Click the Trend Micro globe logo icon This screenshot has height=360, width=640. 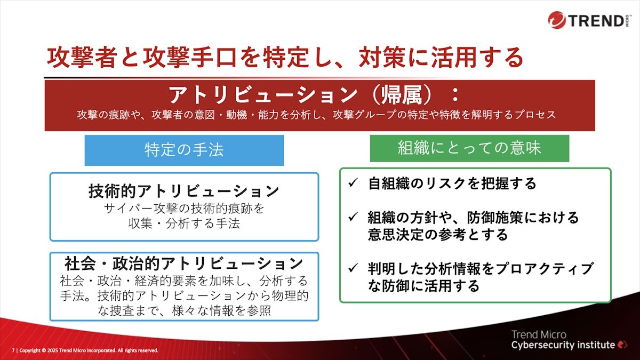[x=557, y=20]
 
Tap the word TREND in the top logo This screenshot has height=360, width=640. [x=596, y=21]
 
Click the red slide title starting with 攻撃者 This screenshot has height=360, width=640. [x=285, y=58]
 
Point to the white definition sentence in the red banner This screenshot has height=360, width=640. [x=316, y=115]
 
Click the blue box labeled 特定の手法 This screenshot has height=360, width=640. [x=185, y=150]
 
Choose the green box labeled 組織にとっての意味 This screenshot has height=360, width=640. [x=469, y=148]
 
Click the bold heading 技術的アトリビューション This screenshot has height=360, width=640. [x=184, y=191]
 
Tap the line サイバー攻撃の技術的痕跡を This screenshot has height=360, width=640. [x=185, y=209]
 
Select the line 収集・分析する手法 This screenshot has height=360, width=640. [x=185, y=223]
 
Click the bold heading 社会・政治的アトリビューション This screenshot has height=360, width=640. [x=184, y=263]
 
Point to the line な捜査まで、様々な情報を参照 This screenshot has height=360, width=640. [x=185, y=310]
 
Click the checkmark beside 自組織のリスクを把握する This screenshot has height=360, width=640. [x=353, y=182]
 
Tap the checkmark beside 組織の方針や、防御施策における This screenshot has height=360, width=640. [x=353, y=217]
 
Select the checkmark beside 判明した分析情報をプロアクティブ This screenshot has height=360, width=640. [x=353, y=268]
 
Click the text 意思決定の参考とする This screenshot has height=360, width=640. [x=438, y=235]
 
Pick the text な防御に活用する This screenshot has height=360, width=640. [x=423, y=286]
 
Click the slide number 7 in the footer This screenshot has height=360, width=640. [x=13, y=350]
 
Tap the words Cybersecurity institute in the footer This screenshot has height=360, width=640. [x=563, y=345]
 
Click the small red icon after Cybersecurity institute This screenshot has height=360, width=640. [x=622, y=345]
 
